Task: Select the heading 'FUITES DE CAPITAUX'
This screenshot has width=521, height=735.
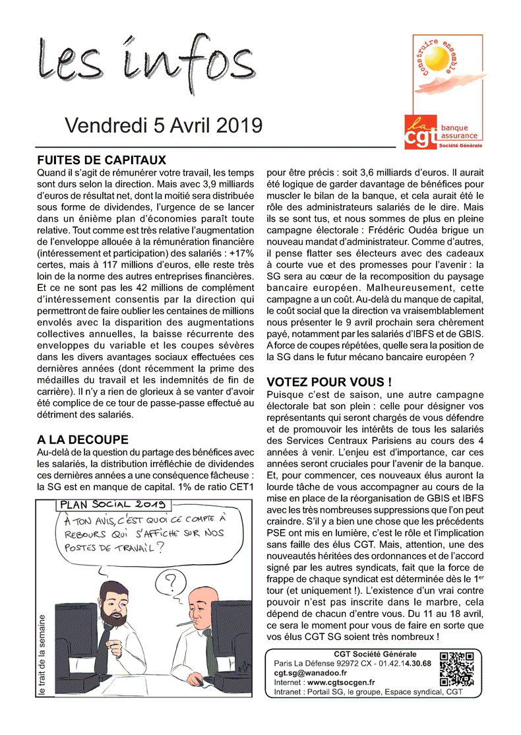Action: [102, 160]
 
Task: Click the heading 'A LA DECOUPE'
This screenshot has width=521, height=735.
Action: [82, 439]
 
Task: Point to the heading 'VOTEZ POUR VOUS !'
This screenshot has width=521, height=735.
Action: [329, 382]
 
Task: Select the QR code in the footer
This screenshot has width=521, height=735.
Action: [457, 669]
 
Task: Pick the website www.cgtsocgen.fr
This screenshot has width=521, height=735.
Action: [341, 682]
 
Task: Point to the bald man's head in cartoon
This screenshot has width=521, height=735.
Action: [200, 608]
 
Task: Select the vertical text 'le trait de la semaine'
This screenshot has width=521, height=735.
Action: [42, 656]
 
